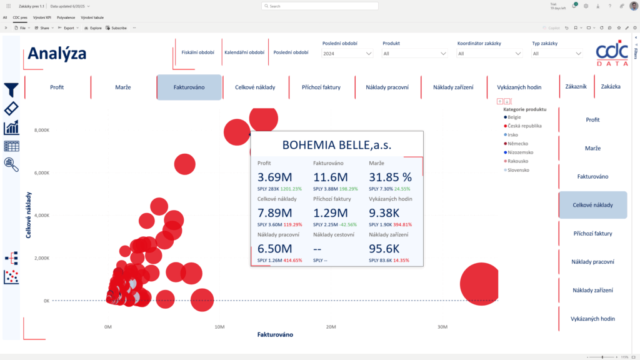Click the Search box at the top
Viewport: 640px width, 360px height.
coord(320,6)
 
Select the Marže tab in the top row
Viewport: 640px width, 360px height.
coord(123,87)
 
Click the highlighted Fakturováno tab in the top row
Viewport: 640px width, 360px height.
coord(189,87)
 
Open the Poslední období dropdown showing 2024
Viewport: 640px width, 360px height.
coord(347,54)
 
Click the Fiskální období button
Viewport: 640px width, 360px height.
coord(196,52)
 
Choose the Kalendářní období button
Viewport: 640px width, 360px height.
coord(244,52)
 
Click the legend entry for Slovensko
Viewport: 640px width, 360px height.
coord(517,170)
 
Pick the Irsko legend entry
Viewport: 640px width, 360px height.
coord(512,134)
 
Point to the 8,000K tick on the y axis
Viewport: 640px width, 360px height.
coord(41,130)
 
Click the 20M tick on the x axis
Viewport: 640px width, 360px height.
coord(331,327)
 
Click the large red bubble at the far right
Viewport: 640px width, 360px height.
coord(481,284)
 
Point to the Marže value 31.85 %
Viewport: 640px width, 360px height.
coord(391,177)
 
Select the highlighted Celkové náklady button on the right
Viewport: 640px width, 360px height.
coord(592,205)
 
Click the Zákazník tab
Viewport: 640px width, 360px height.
coord(576,87)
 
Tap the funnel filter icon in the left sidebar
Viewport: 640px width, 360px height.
coord(11,89)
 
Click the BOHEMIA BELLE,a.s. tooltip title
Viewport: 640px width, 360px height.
coord(337,145)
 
